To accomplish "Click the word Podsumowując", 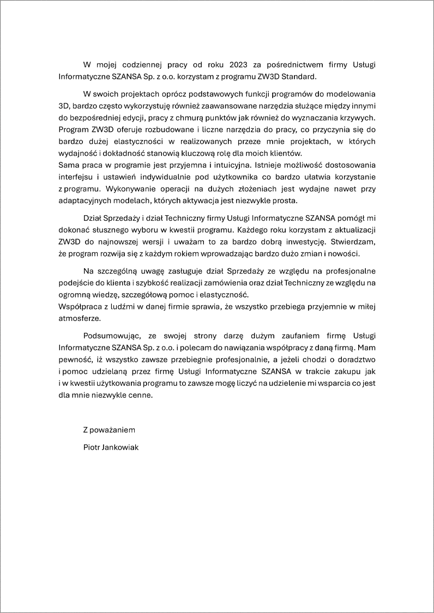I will click(x=109, y=335).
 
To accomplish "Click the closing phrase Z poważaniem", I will click(x=109, y=430).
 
